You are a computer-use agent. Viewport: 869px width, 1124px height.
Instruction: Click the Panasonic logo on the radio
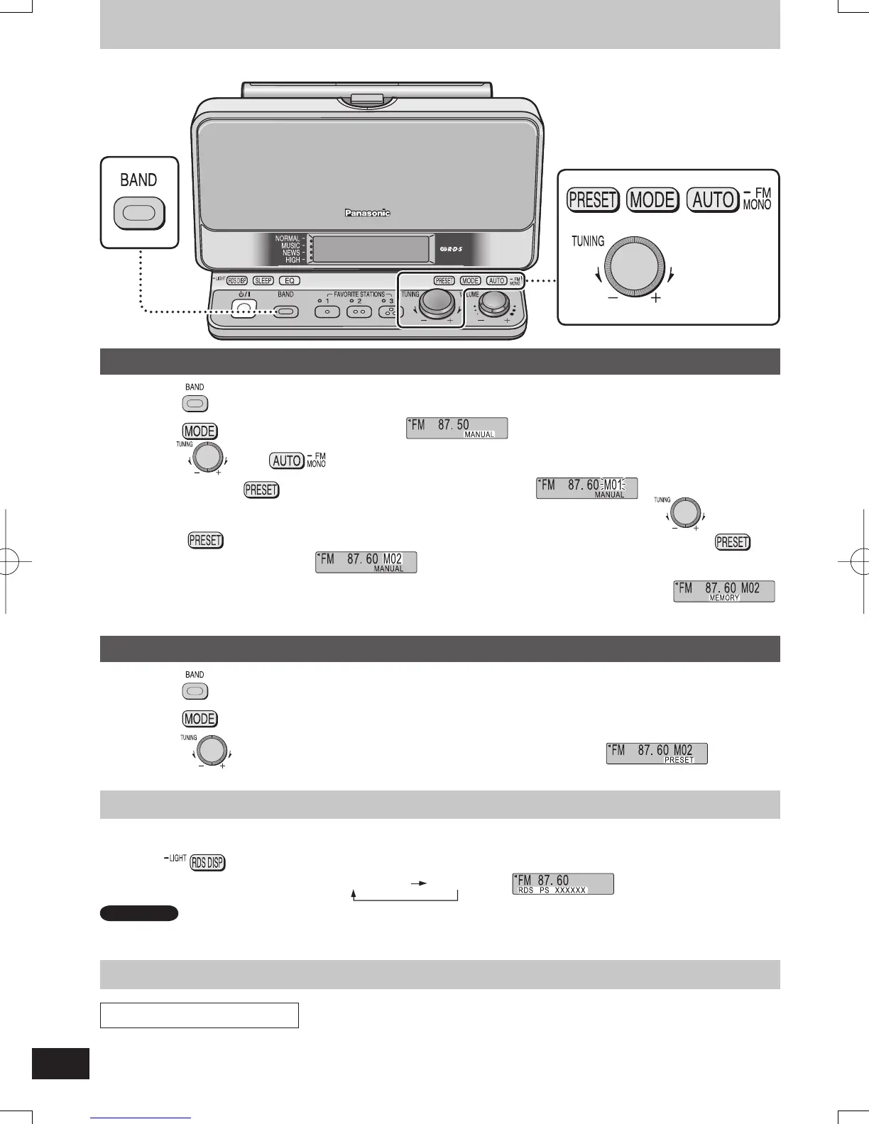(x=367, y=213)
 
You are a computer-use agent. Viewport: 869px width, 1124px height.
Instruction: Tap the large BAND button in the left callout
(x=139, y=213)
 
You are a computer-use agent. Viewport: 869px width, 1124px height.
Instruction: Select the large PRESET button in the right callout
(x=593, y=200)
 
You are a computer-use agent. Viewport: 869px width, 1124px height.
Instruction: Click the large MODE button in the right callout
(x=652, y=200)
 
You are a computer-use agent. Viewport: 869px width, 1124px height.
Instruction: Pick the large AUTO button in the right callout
(x=713, y=200)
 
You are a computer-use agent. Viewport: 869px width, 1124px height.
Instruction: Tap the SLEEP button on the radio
(x=263, y=281)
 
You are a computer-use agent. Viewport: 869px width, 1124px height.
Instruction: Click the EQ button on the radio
(x=290, y=281)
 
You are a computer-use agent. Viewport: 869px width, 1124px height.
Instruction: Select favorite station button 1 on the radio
(x=327, y=312)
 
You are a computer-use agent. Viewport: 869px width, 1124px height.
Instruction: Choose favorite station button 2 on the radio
(x=359, y=312)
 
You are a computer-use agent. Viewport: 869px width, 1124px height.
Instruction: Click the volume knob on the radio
(x=493, y=305)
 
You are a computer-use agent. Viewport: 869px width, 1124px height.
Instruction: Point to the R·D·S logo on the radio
(x=452, y=249)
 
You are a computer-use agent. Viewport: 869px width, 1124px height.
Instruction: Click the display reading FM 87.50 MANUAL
(x=457, y=428)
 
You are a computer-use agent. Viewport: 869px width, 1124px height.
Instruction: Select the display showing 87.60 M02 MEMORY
(x=723, y=591)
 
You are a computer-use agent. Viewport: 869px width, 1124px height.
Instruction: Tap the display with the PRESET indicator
(x=657, y=753)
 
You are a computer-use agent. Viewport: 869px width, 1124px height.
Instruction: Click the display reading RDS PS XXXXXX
(x=562, y=883)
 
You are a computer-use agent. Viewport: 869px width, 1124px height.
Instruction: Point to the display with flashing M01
(x=586, y=488)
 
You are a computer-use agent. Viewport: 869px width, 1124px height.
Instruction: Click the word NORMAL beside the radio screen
(x=287, y=239)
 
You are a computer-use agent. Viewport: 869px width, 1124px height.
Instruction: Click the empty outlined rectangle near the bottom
(x=199, y=1015)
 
